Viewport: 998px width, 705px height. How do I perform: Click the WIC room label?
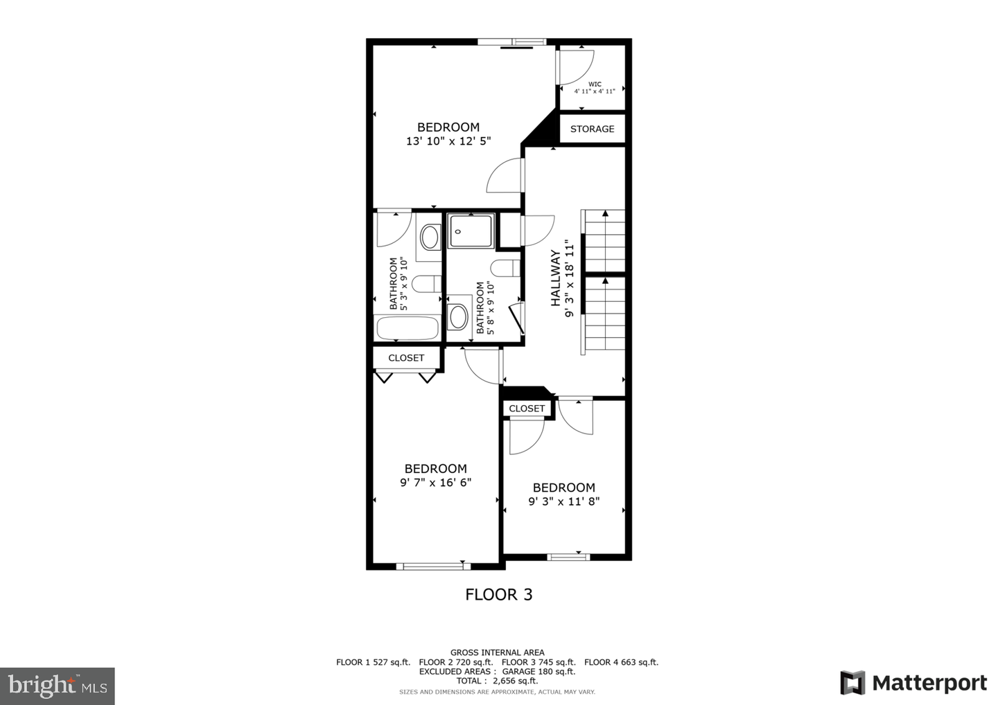coord(594,84)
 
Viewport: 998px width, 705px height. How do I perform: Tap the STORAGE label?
coord(592,129)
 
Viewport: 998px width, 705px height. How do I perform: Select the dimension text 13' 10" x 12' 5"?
coord(448,141)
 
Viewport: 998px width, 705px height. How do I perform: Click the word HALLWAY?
coord(556,278)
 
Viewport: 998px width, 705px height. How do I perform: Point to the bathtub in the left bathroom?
coord(407,328)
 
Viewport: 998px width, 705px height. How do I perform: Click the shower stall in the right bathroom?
coord(471,231)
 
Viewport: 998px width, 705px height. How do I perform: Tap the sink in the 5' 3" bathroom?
coord(430,238)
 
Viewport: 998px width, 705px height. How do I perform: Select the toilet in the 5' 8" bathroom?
coord(505,267)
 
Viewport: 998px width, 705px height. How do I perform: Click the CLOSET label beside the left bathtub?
coord(406,358)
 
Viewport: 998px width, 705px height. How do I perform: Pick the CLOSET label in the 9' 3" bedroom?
coord(527,409)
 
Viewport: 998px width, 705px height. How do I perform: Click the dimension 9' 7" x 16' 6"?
coord(435,483)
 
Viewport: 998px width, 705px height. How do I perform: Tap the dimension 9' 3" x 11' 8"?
coord(563,501)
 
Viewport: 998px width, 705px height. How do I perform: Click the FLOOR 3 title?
coord(498,594)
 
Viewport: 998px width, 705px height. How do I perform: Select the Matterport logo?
coord(913,683)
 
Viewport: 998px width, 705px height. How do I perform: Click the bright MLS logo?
coord(58,686)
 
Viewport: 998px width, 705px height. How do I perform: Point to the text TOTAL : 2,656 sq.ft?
coord(498,681)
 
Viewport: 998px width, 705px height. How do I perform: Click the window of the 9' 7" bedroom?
coord(433,566)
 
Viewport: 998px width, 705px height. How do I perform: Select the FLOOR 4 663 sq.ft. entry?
coord(621,662)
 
